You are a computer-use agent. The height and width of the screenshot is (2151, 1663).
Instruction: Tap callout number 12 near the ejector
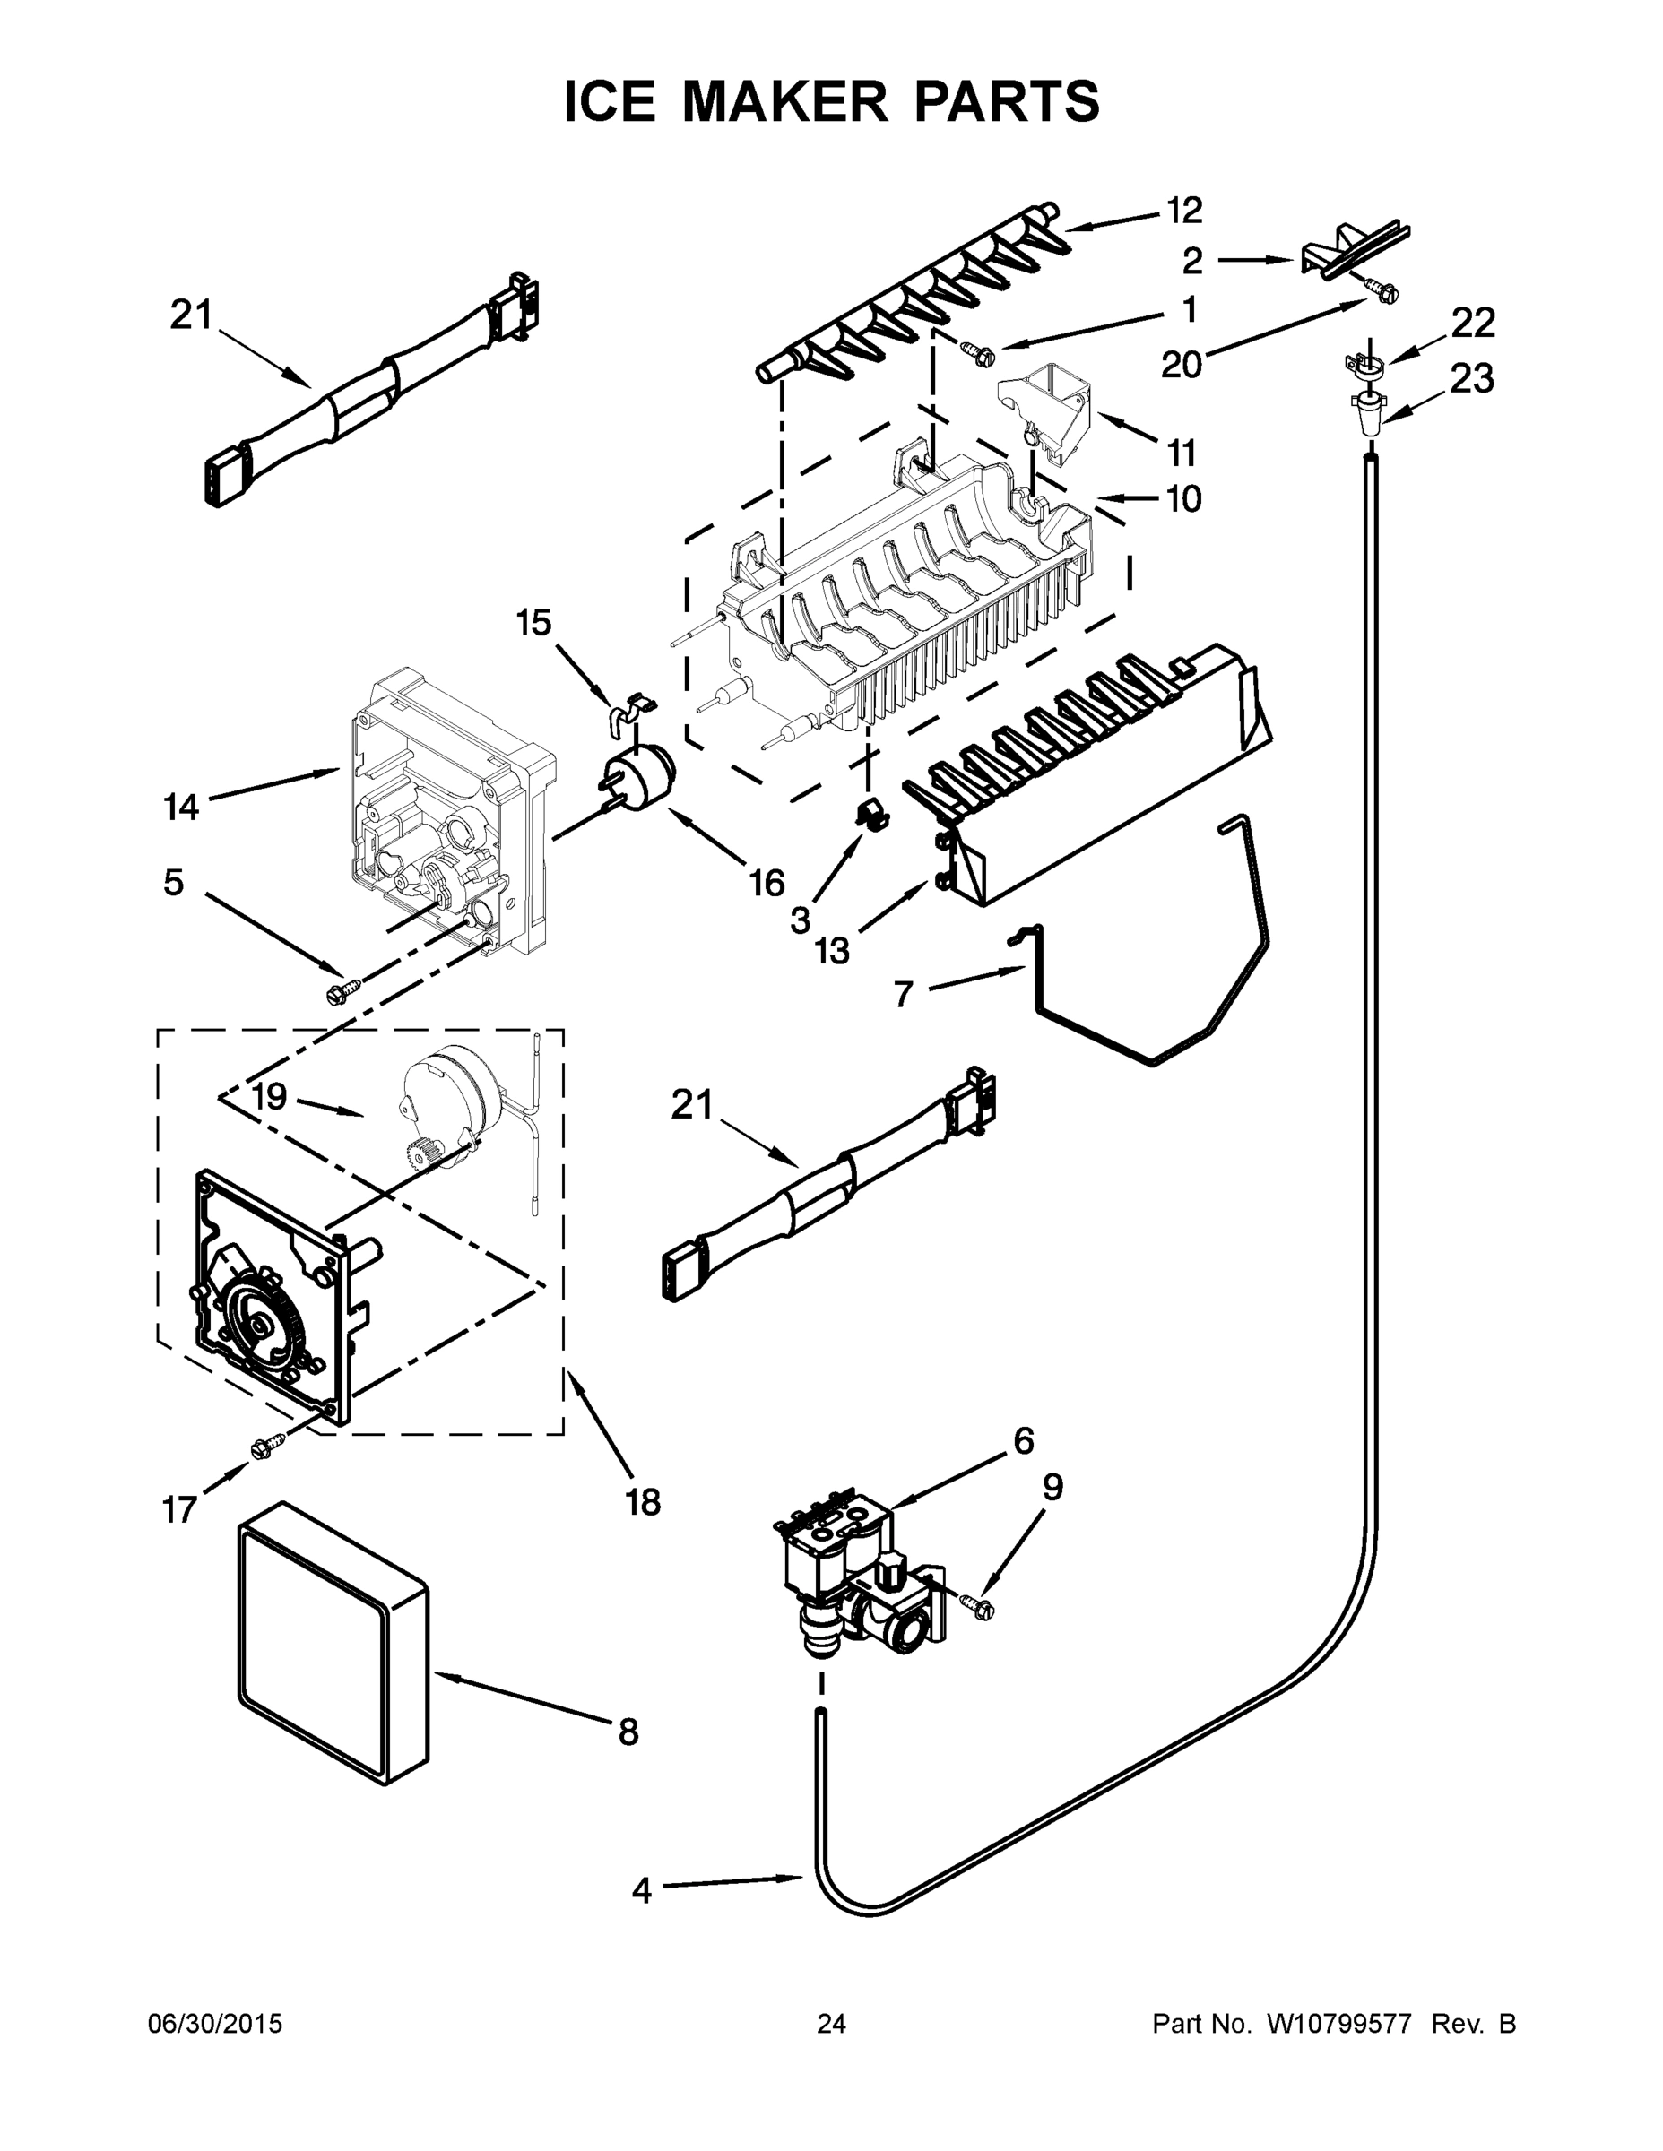[1184, 211]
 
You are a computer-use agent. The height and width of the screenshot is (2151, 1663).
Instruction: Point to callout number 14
[181, 808]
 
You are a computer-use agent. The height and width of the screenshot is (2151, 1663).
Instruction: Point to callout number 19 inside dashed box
[268, 1097]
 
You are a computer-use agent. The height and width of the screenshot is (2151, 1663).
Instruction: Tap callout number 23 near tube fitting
[1472, 378]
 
